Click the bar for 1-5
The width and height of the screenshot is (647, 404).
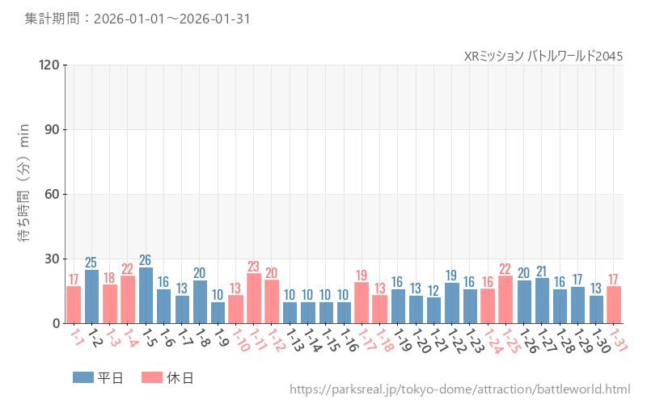click(x=146, y=296)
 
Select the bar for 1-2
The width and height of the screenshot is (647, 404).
click(x=91, y=297)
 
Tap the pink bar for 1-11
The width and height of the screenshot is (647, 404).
click(x=254, y=298)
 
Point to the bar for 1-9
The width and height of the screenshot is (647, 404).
click(x=218, y=313)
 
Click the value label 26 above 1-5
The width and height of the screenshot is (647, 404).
click(x=146, y=260)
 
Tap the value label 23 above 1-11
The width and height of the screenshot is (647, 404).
click(x=254, y=267)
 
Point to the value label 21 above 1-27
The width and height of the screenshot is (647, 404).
click(x=542, y=271)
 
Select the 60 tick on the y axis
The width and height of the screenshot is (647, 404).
click(x=51, y=194)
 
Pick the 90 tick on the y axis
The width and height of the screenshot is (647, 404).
click(x=51, y=129)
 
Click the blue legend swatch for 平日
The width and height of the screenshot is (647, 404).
click(x=83, y=377)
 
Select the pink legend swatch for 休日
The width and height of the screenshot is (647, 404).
click(x=152, y=377)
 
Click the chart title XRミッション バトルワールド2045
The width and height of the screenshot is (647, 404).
click(x=543, y=56)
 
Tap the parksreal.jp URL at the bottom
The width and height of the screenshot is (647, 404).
click(x=459, y=389)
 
